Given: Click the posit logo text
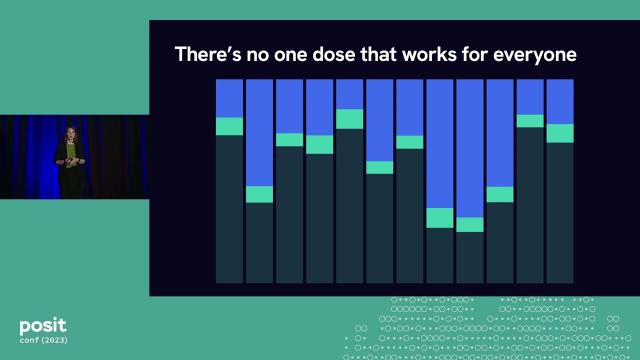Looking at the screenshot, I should point(43,326).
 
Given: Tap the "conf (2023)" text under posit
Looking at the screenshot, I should point(44,342).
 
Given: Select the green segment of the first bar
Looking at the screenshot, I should point(230,126).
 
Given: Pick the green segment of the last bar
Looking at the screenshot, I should point(560,133).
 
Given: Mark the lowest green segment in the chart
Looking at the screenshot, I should point(470,224).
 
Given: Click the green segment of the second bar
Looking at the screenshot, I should point(260,194).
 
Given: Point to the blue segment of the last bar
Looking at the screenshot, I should point(560,102).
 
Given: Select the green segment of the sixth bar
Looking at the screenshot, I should point(380,167).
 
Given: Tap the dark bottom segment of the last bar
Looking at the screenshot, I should point(560,212).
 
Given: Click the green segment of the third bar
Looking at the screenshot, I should point(290,139).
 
